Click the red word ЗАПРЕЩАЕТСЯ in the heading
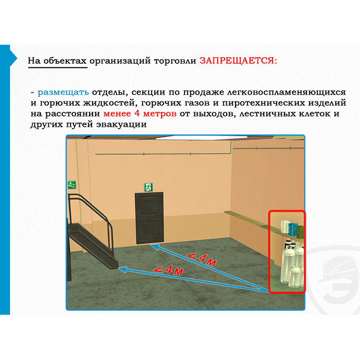pyautogui.click(x=238, y=61)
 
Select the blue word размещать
pyautogui.click(x=63, y=92)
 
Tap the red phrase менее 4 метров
pyautogui.click(x=140, y=114)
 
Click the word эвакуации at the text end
pyautogui.click(x=121, y=124)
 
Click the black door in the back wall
pyautogui.click(x=149, y=218)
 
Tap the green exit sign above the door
pyautogui.click(x=148, y=187)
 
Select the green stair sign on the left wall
pyautogui.click(x=71, y=184)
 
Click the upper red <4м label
pyautogui.click(x=202, y=259)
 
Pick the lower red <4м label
pyautogui.click(x=169, y=270)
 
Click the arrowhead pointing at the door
pyautogui.click(x=155, y=247)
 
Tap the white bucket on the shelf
pyautogui.click(x=284, y=227)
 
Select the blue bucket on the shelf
pyautogui.click(x=293, y=229)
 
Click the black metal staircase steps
pyautogui.click(x=93, y=243)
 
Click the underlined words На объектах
pyautogui.click(x=57, y=61)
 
